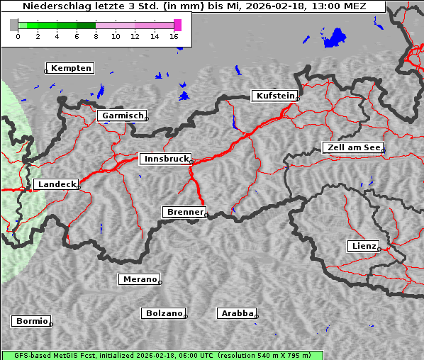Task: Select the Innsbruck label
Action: coord(164,159)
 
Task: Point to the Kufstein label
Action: coord(274,96)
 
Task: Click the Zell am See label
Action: coord(353,147)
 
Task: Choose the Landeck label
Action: coord(57,184)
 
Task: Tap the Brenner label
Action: coord(185,212)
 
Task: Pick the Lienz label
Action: coord(363,246)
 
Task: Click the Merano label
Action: coord(140,279)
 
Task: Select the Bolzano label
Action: coord(164,313)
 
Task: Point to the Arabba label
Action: coord(237,313)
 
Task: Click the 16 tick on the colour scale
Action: coord(174,36)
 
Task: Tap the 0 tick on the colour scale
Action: coord(18,36)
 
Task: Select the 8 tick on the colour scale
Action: coord(96,36)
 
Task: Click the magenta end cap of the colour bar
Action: coord(177,25)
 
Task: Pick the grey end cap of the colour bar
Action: coord(14,25)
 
